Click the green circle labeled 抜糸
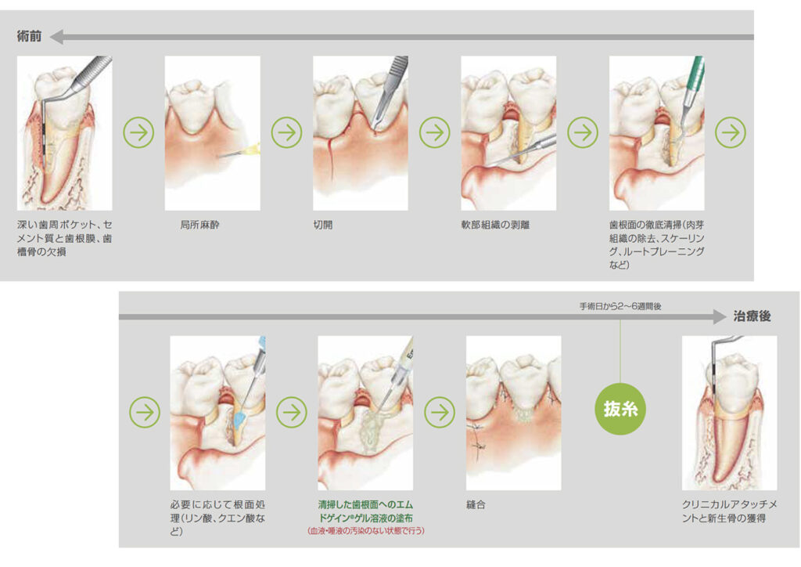pos(620,409)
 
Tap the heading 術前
pos(29,36)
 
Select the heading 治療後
pos(752,316)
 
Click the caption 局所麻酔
pos(199,225)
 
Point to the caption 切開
pos(323,225)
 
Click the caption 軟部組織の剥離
pos(495,225)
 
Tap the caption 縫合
pos(476,504)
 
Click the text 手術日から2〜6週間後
pos(620,306)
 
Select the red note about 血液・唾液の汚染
pos(366,531)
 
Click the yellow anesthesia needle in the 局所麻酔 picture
pos(239,152)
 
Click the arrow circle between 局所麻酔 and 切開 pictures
pos(286,133)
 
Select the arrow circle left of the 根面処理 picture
pos(145,412)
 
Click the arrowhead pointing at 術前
pos(56,37)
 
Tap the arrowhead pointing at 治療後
pos(720,316)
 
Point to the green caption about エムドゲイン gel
pos(366,511)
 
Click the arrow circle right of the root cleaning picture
pos(731,133)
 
